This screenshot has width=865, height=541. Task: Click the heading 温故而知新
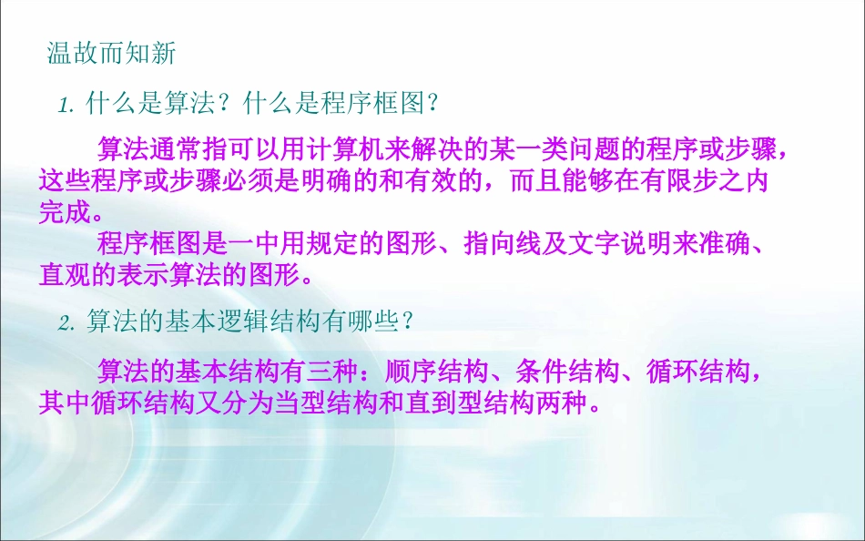pos(111,54)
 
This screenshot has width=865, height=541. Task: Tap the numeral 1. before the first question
pos(65,106)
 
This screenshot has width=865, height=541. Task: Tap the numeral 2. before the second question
pos(65,322)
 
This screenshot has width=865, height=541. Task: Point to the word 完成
pos(65,212)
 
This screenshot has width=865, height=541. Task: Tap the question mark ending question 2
pos(411,322)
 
